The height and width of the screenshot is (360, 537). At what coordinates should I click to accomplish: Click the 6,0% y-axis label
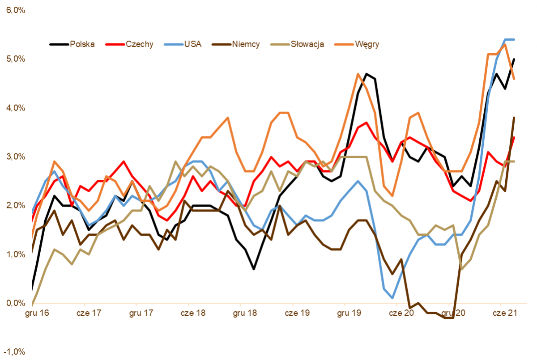(16, 10)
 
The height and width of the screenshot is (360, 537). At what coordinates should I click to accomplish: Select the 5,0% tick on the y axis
(16, 59)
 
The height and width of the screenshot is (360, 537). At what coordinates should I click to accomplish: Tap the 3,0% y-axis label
(16, 157)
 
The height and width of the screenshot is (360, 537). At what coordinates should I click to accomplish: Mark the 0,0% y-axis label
(16, 303)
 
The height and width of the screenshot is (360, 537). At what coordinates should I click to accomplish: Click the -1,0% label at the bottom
(15, 352)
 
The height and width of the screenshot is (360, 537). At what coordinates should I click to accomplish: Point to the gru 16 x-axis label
(37, 313)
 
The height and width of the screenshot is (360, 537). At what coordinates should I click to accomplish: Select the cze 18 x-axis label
(193, 313)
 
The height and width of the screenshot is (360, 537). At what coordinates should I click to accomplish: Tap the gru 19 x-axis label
(349, 313)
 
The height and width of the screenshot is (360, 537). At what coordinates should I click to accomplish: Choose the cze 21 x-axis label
(505, 313)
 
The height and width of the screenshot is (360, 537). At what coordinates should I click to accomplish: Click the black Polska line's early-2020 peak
(367, 74)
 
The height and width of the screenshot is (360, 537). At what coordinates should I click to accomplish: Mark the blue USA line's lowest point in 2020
(392, 298)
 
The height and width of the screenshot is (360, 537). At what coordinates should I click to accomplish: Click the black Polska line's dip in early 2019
(254, 269)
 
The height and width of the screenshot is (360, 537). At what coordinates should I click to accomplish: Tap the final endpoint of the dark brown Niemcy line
(514, 118)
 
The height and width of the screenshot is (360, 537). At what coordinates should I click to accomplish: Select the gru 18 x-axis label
(245, 313)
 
